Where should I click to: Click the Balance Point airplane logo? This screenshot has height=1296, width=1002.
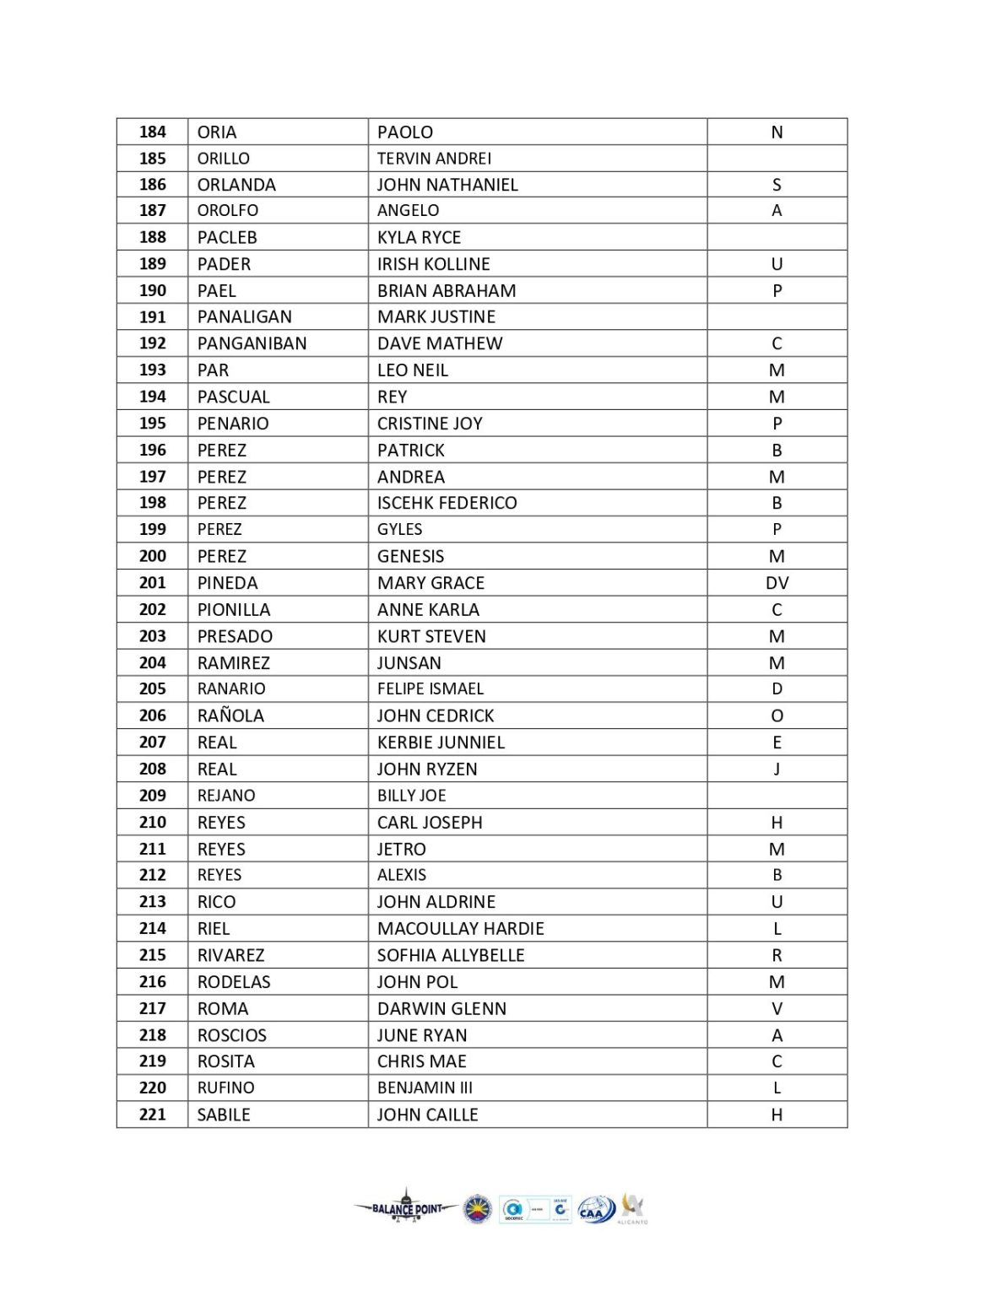pyautogui.click(x=406, y=1207)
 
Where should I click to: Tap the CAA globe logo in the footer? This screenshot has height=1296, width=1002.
pyautogui.click(x=596, y=1210)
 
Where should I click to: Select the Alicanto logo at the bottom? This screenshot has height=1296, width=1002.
pyautogui.click(x=632, y=1207)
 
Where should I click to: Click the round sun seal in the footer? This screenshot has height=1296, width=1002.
pyautogui.click(x=478, y=1208)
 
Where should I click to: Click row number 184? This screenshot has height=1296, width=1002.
pyautogui.click(x=153, y=132)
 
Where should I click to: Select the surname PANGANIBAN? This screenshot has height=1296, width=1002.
pyautogui.click(x=252, y=343)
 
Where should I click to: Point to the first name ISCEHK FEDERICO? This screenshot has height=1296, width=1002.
pyautogui.click(x=447, y=503)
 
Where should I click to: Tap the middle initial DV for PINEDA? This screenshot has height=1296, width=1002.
pyautogui.click(x=777, y=583)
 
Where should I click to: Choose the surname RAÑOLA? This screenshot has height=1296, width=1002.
pyautogui.click(x=230, y=716)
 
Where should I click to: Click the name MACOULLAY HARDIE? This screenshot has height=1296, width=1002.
pyautogui.click(x=460, y=929)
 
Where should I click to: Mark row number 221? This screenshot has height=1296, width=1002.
pyautogui.click(x=153, y=1115)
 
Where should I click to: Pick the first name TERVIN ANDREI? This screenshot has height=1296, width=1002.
pyautogui.click(x=434, y=159)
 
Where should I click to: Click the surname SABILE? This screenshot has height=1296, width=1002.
pyautogui.click(x=224, y=1115)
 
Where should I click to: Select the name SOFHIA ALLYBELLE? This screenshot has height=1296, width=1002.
pyautogui.click(x=451, y=955)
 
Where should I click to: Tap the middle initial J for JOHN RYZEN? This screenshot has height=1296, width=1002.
pyautogui.click(x=777, y=769)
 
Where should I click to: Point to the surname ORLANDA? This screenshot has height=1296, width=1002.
pyautogui.click(x=236, y=185)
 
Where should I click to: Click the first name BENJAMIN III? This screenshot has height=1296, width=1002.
pyautogui.click(x=425, y=1088)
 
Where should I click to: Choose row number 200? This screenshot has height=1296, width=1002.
pyautogui.click(x=153, y=556)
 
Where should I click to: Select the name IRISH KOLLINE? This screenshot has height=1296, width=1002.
pyautogui.click(x=433, y=264)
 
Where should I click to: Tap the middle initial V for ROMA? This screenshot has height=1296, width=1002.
pyautogui.click(x=777, y=1008)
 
